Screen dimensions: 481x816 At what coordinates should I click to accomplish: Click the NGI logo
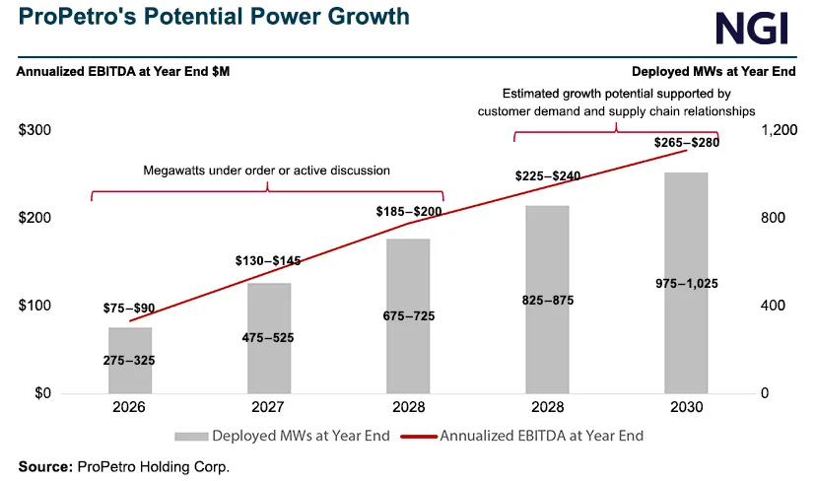pos(751,28)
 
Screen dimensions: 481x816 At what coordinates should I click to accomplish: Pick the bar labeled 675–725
pos(408,315)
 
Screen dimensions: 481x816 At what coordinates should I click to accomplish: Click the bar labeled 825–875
pos(547,300)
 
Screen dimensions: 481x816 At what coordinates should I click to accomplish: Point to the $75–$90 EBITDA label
pos(129,308)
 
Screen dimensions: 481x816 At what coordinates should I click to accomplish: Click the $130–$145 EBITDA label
pos(268,261)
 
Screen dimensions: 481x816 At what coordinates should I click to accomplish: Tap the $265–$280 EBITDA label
pos(687,142)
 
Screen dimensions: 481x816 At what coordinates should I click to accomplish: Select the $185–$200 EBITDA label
pos(408,212)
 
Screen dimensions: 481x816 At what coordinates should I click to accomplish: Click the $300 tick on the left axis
pos(35,131)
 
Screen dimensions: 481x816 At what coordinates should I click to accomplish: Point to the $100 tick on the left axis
pos(35,306)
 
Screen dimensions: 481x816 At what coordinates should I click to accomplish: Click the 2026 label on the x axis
pos(129,408)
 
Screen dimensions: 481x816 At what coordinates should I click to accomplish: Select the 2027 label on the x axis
pos(268,408)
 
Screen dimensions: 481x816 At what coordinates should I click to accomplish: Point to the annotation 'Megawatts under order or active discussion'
pos(267,171)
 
